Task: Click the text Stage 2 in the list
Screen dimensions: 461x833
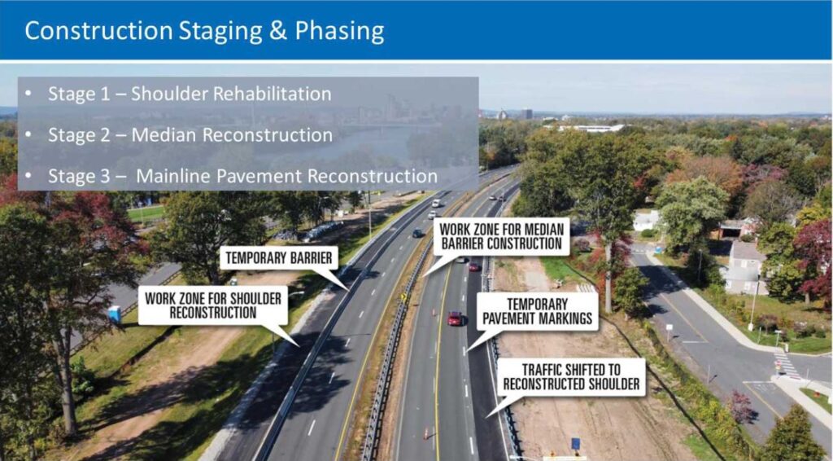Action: point(76,134)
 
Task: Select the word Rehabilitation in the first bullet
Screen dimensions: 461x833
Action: point(272,94)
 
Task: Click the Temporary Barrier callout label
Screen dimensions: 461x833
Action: point(279,259)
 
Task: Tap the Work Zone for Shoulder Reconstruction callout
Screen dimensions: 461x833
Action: point(212,305)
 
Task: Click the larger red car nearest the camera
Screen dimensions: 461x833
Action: point(455,318)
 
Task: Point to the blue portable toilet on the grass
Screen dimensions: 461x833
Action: point(115,314)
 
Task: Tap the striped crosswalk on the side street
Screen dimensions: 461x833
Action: point(787,366)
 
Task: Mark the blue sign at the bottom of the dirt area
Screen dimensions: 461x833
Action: point(575,443)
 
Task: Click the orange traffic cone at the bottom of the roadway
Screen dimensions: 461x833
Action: point(425,433)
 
